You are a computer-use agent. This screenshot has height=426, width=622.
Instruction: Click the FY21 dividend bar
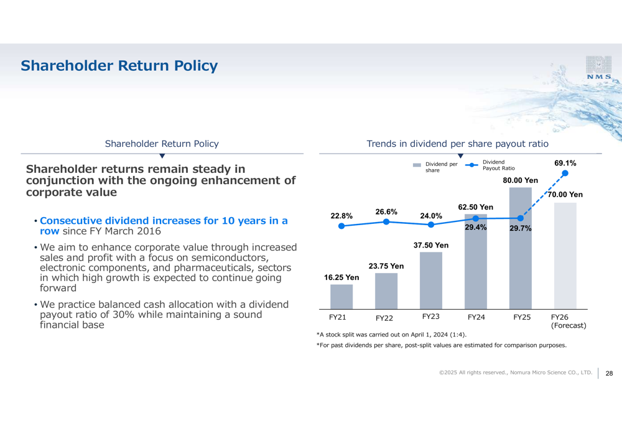tap(341, 297)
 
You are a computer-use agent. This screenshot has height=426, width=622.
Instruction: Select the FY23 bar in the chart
tap(431, 280)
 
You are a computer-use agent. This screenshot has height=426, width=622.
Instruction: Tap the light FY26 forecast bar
tap(565, 256)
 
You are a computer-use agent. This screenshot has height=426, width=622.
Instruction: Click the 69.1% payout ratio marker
tap(565, 174)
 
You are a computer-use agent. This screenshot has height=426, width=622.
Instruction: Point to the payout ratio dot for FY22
tap(386, 222)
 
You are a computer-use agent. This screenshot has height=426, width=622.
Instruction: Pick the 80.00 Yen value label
tap(521, 180)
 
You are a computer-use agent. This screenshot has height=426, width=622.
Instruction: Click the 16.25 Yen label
tap(341, 277)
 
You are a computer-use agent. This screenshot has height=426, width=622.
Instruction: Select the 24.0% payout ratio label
tap(431, 216)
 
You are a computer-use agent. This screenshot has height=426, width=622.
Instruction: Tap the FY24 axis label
tap(476, 317)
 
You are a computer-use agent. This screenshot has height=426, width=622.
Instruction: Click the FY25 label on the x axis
tap(522, 317)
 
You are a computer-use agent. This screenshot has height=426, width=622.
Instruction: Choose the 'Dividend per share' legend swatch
tap(417, 165)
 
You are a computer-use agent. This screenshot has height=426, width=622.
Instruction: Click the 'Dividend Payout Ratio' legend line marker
tap(471, 165)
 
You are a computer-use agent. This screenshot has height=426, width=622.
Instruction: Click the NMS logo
tap(598, 67)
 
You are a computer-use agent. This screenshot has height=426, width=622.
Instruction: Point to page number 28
tap(610, 373)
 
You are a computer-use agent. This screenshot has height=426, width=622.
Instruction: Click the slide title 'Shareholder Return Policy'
tap(119, 66)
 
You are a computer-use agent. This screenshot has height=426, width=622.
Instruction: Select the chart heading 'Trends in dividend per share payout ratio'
tap(457, 144)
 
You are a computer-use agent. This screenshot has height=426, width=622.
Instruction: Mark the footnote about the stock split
tap(391, 335)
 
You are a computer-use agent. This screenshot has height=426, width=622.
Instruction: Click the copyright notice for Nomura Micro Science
tap(516, 373)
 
